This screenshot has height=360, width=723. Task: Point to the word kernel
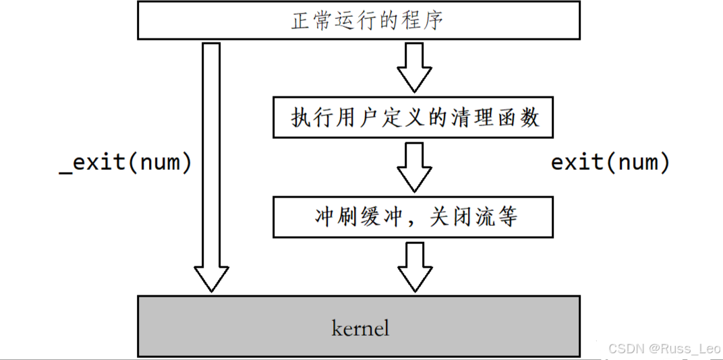click(361, 328)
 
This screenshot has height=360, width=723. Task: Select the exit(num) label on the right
click(610, 162)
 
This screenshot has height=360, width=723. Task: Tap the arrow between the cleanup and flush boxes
click(413, 165)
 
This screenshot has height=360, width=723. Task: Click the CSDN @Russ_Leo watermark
click(664, 349)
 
